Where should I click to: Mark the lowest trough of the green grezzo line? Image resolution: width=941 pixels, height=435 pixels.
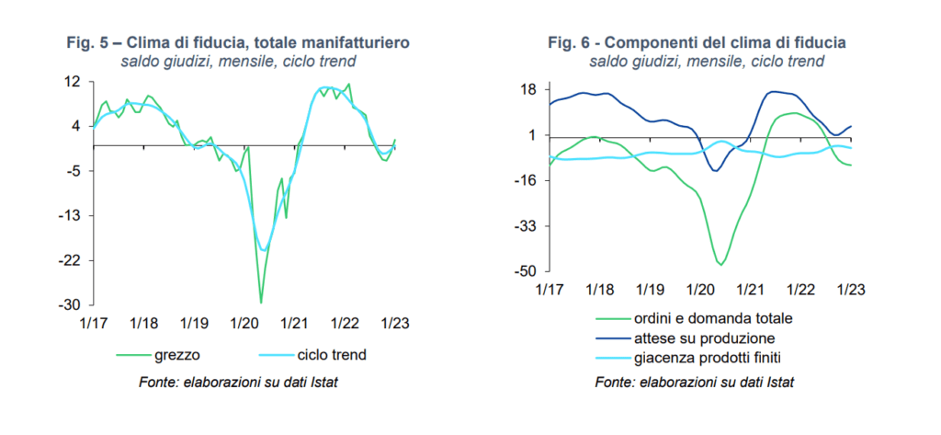click(261, 303)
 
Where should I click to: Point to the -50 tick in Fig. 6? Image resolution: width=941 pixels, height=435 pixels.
click(525, 271)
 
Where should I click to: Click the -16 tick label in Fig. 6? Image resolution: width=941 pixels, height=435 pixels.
click(525, 180)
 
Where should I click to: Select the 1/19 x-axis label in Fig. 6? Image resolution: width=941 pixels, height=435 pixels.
click(649, 290)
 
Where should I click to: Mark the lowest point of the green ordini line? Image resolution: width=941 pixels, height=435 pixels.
click(721, 265)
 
